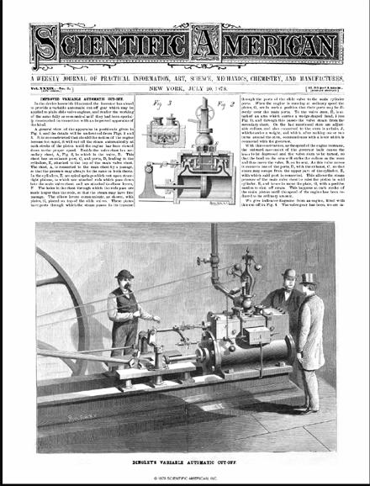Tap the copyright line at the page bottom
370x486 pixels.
coord(185,478)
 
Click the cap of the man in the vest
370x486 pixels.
coord(124,275)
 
